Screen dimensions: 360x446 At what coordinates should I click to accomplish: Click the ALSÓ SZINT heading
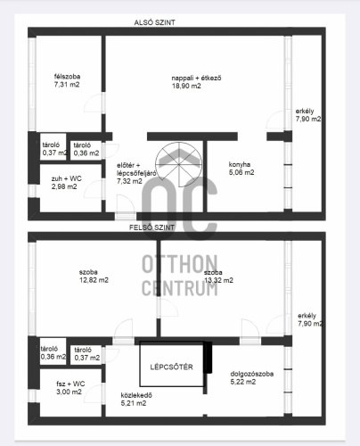[154, 22]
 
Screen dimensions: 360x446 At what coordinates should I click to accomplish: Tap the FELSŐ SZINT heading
[151, 227]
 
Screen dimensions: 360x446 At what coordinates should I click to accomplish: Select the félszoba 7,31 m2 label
[67, 80]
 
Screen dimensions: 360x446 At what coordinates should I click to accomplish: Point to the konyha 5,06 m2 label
[241, 169]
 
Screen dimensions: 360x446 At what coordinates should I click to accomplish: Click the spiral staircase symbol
[179, 164]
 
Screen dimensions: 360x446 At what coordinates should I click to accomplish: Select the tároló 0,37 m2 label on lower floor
[54, 149]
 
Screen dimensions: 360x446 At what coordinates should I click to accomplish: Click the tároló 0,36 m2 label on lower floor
[86, 149]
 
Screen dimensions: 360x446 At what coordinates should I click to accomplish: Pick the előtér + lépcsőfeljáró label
[136, 173]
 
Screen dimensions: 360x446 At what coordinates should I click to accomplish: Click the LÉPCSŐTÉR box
[172, 364]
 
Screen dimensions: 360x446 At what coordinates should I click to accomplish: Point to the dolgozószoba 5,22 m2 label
[252, 377]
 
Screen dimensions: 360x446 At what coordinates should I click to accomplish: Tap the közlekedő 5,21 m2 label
[136, 400]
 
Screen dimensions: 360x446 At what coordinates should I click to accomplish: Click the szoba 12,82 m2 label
[94, 276]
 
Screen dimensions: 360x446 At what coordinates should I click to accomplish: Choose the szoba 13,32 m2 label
[218, 277]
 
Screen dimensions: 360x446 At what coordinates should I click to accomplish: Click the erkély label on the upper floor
[310, 319]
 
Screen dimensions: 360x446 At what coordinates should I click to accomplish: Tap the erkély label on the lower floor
[308, 115]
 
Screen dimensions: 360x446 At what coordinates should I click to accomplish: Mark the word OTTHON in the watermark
[180, 264]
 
